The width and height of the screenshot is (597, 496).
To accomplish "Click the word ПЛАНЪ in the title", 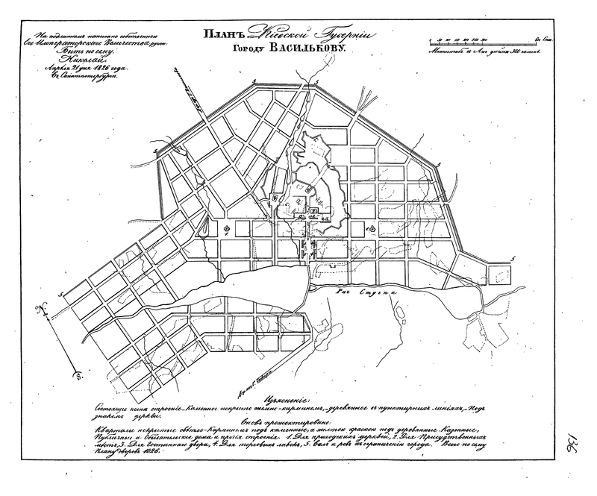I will tap(219, 34).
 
